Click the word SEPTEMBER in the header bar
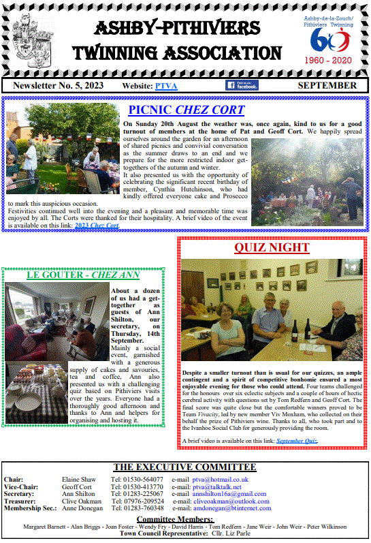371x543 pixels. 327,85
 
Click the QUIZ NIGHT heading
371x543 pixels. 272,247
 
